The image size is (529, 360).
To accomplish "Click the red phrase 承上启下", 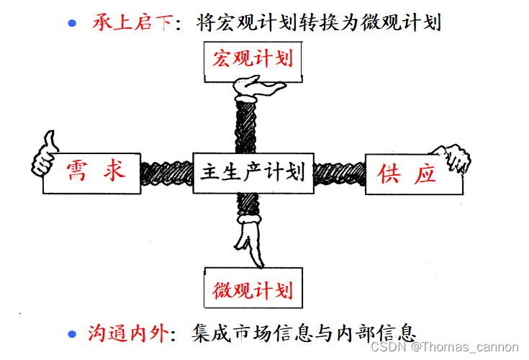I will (x=132, y=22).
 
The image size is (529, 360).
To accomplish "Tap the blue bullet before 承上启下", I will (x=72, y=23).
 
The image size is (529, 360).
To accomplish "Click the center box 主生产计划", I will (x=253, y=173).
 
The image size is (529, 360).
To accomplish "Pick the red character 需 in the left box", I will (x=78, y=172).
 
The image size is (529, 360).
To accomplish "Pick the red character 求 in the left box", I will (x=114, y=172).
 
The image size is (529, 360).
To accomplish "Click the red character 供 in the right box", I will (x=389, y=174).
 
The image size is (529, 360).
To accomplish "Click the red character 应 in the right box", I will (x=425, y=174).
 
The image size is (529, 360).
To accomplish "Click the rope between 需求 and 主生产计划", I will (x=166, y=173).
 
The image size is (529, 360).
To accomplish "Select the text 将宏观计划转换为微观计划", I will (x=317, y=22).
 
